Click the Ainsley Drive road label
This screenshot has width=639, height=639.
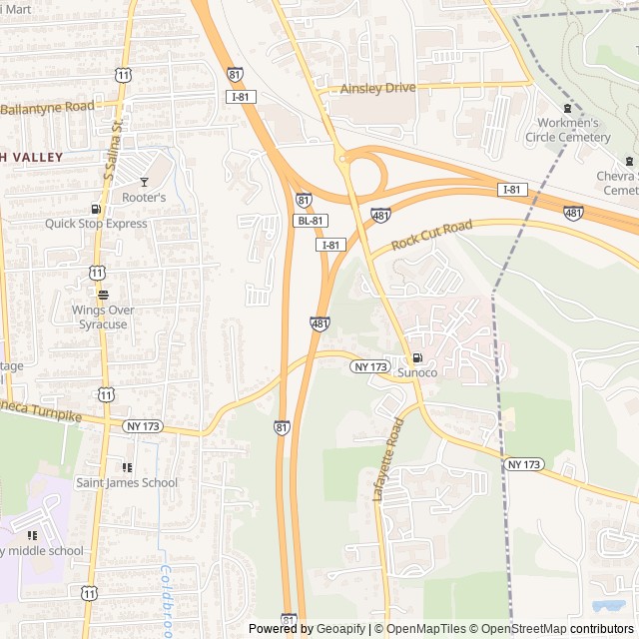377,89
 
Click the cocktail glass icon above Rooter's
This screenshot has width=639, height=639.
144,182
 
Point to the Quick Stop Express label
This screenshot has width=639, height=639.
96,224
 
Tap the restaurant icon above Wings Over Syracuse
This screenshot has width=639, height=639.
103,295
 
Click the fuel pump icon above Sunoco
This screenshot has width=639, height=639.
417,357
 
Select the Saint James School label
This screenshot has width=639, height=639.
127,483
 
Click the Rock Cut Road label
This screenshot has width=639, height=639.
431,236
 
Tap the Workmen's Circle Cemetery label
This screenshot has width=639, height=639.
568,130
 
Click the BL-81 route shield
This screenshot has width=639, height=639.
310,221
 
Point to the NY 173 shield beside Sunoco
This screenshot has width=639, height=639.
370,367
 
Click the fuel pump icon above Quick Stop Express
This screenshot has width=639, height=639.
96,209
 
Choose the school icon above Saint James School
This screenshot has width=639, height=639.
127,467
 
